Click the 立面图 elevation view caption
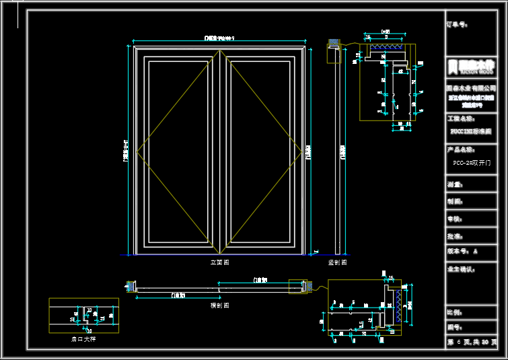pos(219,262)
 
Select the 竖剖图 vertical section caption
pos(337,262)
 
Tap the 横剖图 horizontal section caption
pos(219,305)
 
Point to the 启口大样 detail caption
pos(83,338)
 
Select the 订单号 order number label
pos(457,25)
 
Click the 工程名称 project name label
pos(460,118)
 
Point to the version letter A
pos(475,251)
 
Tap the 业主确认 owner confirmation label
pos(460,269)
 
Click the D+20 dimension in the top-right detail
pos(386,32)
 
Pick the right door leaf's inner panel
pos(260,151)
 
